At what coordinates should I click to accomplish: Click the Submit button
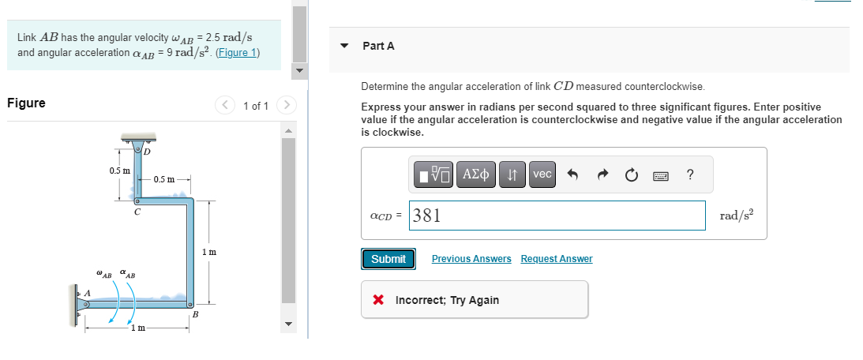click(388, 259)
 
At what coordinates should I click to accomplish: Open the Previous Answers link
click(471, 259)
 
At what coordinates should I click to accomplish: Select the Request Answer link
click(556, 259)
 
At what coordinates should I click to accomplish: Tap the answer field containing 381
click(557, 216)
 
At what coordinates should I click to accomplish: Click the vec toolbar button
click(542, 174)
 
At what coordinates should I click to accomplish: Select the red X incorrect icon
click(378, 300)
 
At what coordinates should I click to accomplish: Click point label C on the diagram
click(137, 212)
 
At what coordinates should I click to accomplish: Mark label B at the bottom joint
click(195, 314)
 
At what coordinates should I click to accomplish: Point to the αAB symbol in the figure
click(127, 274)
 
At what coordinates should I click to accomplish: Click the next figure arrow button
click(288, 105)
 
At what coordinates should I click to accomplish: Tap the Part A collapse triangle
click(343, 46)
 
